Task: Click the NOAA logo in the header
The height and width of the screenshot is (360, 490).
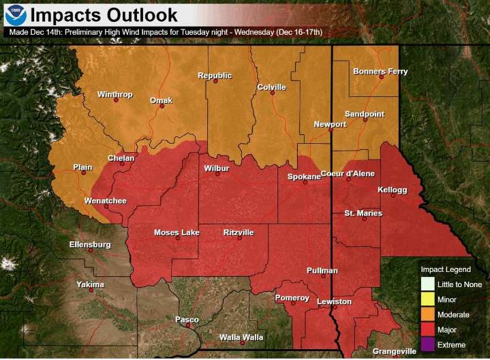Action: [15, 14]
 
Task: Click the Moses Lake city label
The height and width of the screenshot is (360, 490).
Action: [177, 232]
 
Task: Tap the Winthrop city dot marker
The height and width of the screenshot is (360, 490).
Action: [116, 101]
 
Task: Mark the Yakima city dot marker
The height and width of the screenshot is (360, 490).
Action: [91, 290]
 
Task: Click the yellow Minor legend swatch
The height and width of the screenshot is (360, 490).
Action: [427, 299]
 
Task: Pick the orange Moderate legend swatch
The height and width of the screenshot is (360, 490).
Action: [427, 314]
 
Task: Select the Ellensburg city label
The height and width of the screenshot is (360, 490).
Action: [90, 244]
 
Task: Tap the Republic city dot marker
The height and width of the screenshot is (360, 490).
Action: [215, 82]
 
